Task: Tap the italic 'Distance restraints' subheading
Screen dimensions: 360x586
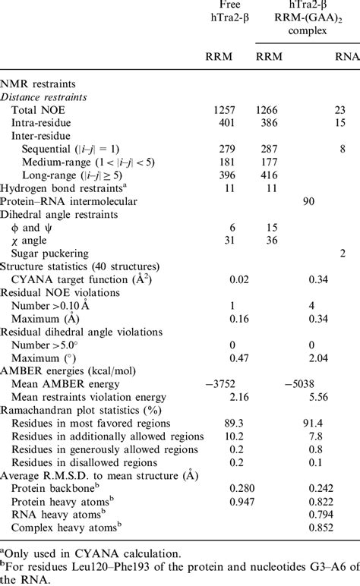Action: point(48,97)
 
